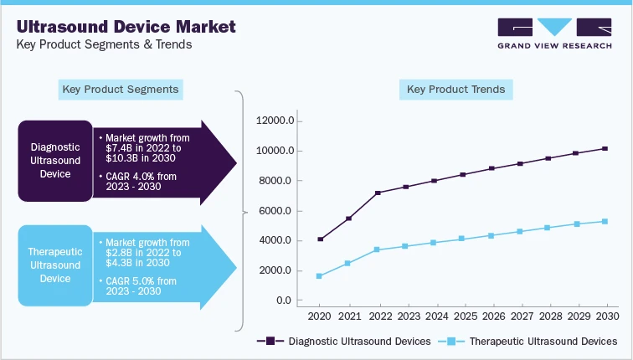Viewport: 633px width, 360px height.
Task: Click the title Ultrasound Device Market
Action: pos(126,26)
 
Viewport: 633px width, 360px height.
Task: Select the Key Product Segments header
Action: pos(121,89)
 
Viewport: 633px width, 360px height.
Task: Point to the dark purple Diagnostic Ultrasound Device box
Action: pos(54,161)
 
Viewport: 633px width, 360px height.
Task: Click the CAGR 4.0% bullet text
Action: pos(144,181)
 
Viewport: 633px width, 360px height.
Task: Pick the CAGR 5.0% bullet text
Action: pos(144,286)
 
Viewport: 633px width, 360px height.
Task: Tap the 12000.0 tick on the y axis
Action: pos(274,121)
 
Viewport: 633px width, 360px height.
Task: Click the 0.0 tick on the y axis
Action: pos(282,301)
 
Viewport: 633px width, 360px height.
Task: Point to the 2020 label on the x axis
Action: pos(320,317)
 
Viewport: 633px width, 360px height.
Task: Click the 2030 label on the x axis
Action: pos(605,317)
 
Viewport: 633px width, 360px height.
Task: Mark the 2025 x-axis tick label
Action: pos(462,317)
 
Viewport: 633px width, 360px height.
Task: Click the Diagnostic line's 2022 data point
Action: pos(378,193)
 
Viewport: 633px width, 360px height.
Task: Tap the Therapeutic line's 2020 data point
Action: pos(320,276)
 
